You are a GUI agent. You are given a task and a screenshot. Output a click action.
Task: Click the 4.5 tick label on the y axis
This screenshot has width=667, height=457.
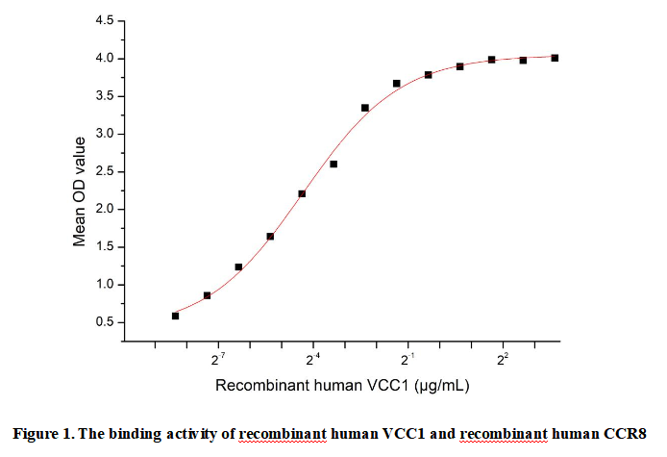pos(106,21)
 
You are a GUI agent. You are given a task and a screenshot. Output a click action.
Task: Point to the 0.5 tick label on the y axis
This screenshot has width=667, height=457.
pos(106,322)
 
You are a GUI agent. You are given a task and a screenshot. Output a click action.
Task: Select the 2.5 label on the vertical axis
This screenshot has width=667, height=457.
pos(106,171)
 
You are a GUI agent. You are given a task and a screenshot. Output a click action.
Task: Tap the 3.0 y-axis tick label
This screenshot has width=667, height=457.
pos(106,134)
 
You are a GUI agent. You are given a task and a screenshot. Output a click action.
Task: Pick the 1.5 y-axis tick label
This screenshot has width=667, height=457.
pos(106,247)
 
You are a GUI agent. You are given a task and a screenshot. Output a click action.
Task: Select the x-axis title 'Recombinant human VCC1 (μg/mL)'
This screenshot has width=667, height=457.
pos(341,386)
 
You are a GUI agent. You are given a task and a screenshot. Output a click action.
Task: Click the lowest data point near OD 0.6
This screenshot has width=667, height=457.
pos(175,316)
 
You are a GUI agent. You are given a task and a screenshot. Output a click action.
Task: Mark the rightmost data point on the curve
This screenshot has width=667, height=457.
pos(555,58)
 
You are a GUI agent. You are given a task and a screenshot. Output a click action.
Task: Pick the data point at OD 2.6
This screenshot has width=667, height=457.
pos(333,164)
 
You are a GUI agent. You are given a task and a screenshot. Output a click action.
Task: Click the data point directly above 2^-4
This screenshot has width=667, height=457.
pos(302,193)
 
